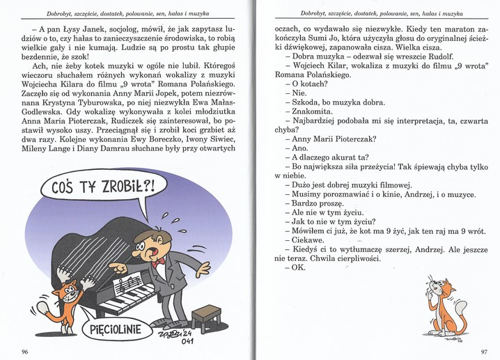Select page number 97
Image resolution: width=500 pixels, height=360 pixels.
(484, 351)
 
